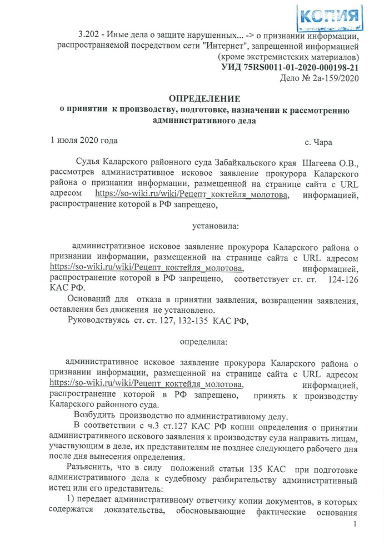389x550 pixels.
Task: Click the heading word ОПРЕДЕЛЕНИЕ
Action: coord(205,99)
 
